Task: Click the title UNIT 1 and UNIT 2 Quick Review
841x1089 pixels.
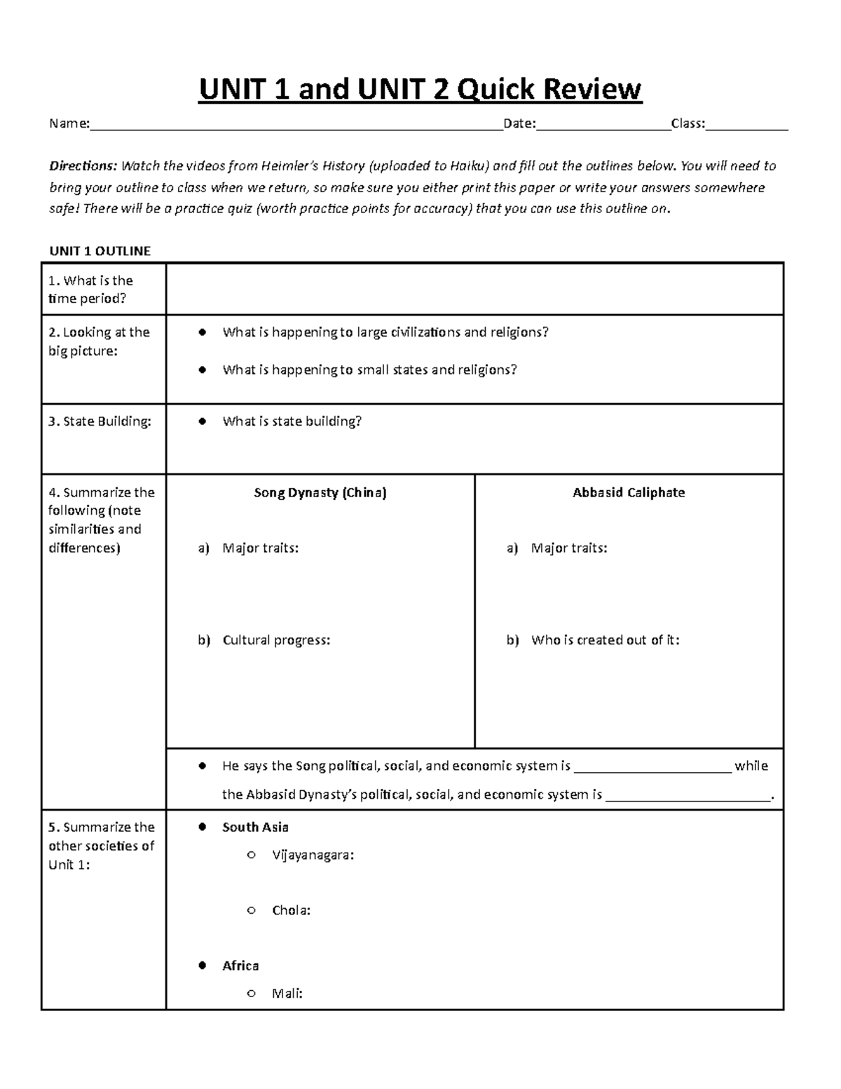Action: click(x=420, y=89)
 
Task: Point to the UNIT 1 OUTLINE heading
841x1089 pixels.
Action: click(x=100, y=251)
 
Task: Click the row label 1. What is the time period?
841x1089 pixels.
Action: click(x=90, y=290)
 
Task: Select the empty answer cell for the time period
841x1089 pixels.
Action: click(x=474, y=289)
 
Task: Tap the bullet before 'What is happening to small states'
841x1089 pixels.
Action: click(x=203, y=370)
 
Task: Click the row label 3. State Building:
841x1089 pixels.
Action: click(x=100, y=421)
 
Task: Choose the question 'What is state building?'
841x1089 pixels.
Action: click(x=292, y=421)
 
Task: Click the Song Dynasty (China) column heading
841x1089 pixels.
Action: click(x=320, y=492)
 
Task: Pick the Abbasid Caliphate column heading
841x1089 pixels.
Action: click(x=629, y=492)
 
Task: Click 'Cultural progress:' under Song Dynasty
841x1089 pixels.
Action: click(x=276, y=640)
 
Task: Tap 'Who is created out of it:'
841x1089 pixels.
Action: click(x=605, y=640)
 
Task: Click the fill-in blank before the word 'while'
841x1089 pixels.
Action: click(x=652, y=767)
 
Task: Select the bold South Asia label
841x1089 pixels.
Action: click(x=255, y=827)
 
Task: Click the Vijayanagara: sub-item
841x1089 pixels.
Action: click(x=313, y=855)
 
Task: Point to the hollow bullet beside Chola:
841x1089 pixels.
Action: click(x=251, y=911)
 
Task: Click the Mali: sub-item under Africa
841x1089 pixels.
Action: click(x=287, y=994)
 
